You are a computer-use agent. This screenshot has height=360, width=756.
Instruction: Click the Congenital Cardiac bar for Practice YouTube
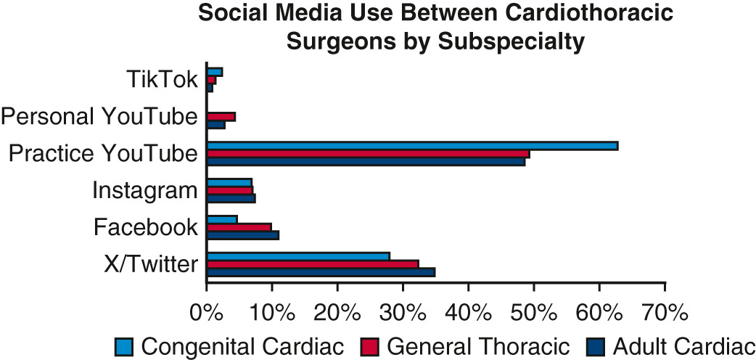[x=412, y=146]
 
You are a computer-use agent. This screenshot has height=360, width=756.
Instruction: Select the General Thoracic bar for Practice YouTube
[x=368, y=154]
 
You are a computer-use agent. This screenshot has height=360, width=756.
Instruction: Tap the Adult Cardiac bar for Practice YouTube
[x=366, y=162]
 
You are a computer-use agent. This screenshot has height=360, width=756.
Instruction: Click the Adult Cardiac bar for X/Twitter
[x=321, y=272]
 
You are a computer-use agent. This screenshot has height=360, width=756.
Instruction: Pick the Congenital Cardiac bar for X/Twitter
[x=298, y=255]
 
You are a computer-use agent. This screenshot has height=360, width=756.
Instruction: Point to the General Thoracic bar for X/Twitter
[x=313, y=264]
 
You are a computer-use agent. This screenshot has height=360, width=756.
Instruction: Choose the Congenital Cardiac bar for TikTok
[x=215, y=72]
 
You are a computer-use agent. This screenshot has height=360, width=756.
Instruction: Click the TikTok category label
[x=161, y=79]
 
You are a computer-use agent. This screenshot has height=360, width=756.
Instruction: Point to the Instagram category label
[x=145, y=191]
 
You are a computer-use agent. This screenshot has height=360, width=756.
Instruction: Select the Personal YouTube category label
[x=99, y=116]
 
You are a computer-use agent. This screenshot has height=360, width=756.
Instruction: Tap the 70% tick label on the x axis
[x=665, y=314]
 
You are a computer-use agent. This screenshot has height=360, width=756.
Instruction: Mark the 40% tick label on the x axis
[x=469, y=314]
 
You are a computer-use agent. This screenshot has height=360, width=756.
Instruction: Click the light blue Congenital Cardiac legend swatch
[x=124, y=346]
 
